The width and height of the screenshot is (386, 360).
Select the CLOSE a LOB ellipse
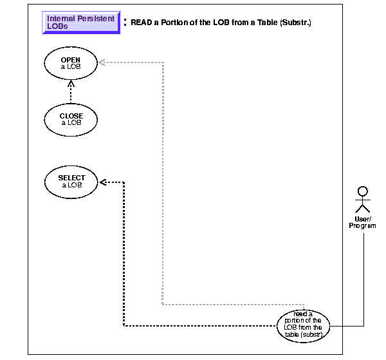tap(71, 119)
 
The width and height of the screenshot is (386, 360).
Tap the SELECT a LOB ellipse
tap(71, 181)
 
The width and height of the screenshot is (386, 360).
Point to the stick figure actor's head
tap(362, 191)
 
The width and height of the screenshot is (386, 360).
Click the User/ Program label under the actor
tap(362, 222)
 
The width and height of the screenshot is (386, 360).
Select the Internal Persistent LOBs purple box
tap(80, 23)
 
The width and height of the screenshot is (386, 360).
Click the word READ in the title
tap(141, 23)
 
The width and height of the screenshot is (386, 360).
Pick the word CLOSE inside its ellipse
tap(71, 116)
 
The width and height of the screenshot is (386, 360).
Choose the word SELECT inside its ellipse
tap(71, 178)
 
